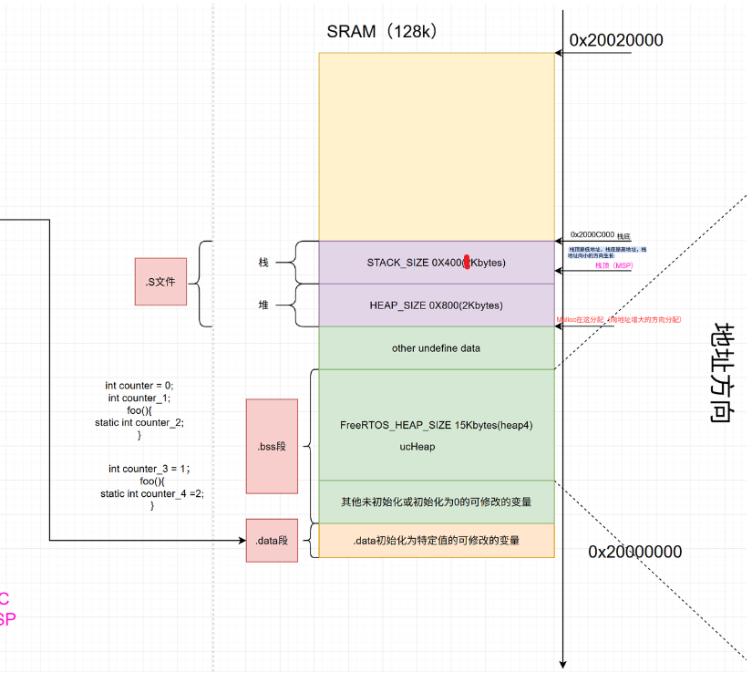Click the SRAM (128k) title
tap(384, 31)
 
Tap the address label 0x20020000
tap(616, 40)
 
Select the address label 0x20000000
tap(634, 552)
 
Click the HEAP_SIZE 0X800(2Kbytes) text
tap(436, 305)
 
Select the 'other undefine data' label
tap(436, 347)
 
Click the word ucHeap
tap(417, 447)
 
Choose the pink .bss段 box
tap(272, 446)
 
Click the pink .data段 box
tap(272, 541)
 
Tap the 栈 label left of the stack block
tap(263, 262)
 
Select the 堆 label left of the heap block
tap(263, 305)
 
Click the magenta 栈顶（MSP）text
tap(613, 265)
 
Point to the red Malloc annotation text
tap(619, 320)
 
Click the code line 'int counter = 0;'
tap(139, 386)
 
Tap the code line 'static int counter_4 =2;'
tap(152, 493)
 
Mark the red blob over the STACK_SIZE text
tap(467, 263)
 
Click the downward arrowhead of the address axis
tap(564, 663)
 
